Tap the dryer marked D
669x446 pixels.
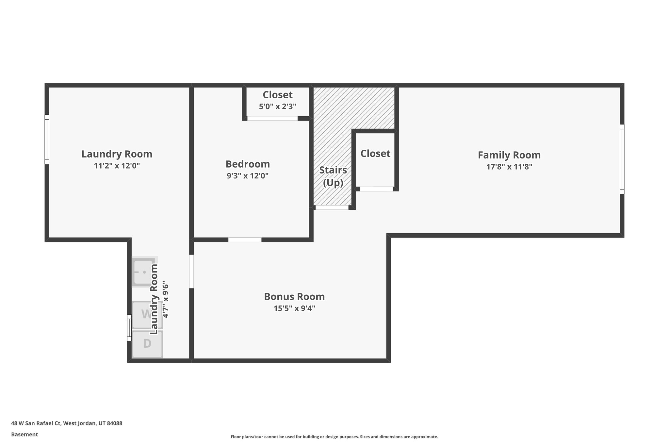(147, 344)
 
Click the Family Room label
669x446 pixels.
(509, 155)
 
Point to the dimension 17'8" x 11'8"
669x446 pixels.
(509, 167)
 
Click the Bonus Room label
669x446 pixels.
(294, 297)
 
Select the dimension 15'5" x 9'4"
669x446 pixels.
(294, 308)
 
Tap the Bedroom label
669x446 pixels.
(248, 164)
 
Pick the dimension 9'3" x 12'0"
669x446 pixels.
(248, 176)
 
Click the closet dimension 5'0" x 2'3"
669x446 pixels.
(277, 106)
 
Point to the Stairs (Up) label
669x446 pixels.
(333, 176)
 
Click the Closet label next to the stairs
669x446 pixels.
(375, 154)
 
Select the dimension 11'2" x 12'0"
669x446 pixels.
(117, 166)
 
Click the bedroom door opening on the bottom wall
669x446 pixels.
(245, 240)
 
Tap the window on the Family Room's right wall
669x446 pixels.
(622, 159)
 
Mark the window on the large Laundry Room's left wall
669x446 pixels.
(47, 139)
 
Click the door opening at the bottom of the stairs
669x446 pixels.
(332, 207)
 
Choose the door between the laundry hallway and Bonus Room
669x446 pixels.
(191, 272)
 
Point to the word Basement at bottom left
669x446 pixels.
(24, 434)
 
